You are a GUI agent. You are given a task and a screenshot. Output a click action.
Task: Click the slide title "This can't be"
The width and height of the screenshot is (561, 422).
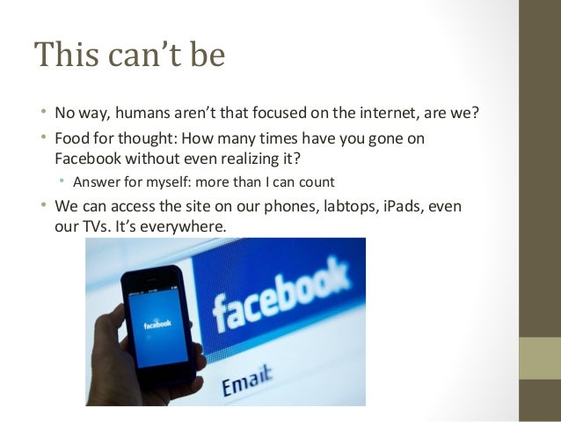click(129, 56)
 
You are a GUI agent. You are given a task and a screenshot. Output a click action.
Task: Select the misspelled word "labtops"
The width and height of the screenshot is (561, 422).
click(325, 206)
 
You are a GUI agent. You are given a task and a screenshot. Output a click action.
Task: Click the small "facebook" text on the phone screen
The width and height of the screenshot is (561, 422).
click(158, 323)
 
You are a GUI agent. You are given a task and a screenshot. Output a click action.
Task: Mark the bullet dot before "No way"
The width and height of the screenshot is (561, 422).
click(42, 115)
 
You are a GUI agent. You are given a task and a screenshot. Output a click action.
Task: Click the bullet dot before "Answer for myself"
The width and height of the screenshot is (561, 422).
click(61, 183)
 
